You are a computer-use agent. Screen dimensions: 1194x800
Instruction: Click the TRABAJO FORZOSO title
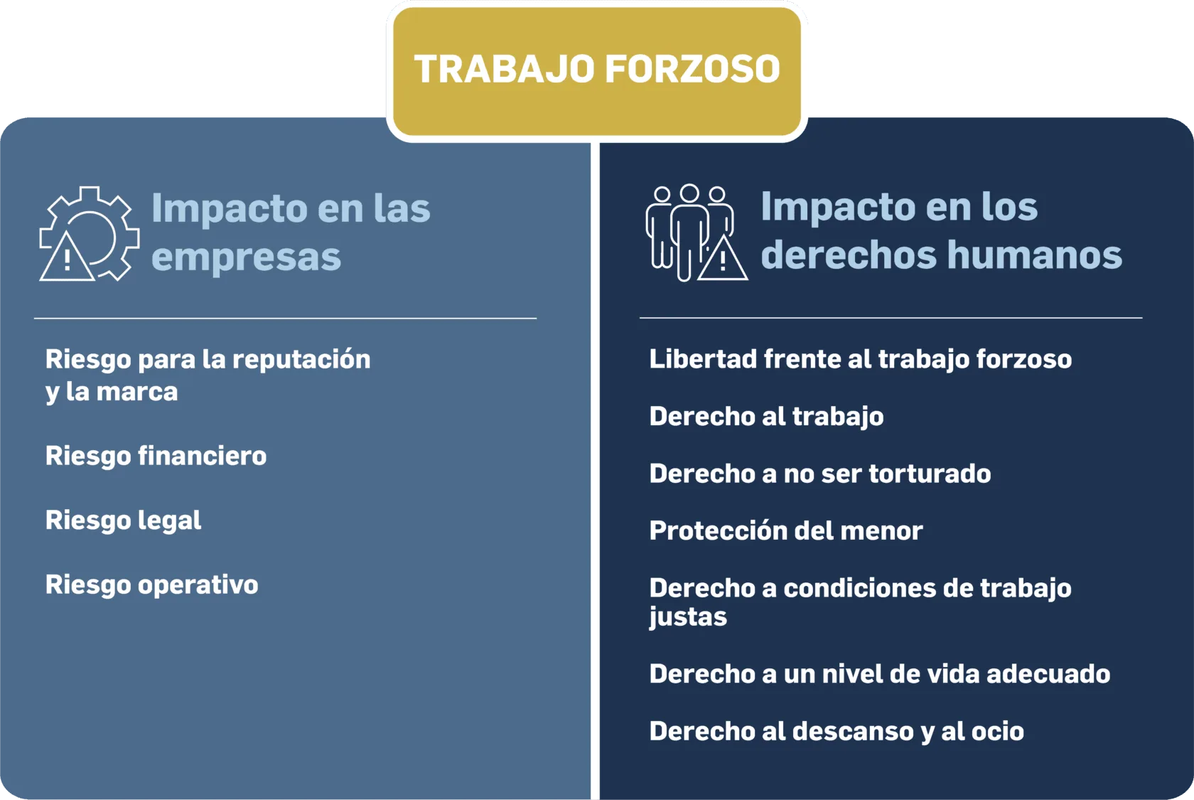pyautogui.click(x=597, y=70)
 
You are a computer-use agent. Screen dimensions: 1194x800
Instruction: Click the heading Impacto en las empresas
pyautogui.click(x=291, y=232)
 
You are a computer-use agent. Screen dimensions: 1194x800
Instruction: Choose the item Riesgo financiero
pyautogui.click(x=156, y=457)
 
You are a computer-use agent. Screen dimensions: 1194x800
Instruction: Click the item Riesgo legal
pyautogui.click(x=123, y=521)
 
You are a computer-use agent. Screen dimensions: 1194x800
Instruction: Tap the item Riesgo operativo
pyautogui.click(x=152, y=585)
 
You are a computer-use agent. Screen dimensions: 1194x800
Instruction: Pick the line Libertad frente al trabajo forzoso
pyautogui.click(x=860, y=359)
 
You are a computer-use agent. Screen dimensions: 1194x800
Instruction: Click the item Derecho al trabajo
pyautogui.click(x=766, y=417)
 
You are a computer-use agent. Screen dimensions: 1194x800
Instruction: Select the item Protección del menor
pyautogui.click(x=786, y=530)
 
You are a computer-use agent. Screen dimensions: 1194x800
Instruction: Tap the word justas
pyautogui.click(x=688, y=617)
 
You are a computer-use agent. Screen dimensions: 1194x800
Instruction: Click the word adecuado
pyautogui.click(x=1048, y=674)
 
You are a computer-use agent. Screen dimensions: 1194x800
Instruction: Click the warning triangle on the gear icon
pyautogui.click(x=67, y=257)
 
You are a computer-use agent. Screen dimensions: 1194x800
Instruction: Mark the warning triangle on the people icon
pyautogui.click(x=723, y=258)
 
